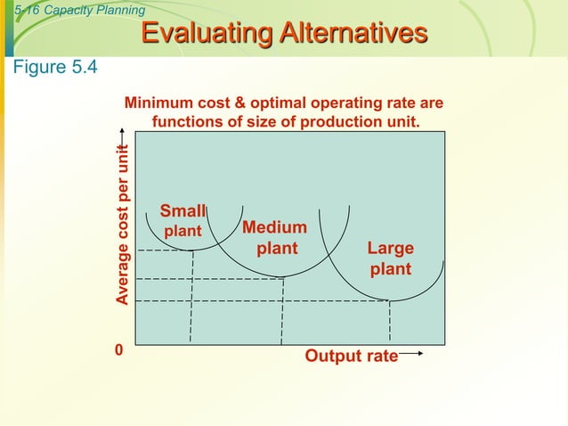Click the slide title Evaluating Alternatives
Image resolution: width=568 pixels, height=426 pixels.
[284, 34]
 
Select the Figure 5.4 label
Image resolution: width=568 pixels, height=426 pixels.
[53, 68]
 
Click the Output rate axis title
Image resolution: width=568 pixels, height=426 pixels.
[351, 356]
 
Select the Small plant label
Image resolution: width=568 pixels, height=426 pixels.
[182, 220]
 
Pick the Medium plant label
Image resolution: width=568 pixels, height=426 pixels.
[275, 237]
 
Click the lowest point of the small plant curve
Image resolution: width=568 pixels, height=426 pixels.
[193, 250]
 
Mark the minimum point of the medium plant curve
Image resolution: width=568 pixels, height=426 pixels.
[283, 278]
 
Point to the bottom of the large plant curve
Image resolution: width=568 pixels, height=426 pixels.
[390, 300]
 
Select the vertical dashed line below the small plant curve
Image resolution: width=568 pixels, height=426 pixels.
[192, 299]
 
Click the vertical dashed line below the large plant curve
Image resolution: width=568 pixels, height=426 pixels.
[390, 323]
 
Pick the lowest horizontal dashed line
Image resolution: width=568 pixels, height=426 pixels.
[258, 301]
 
